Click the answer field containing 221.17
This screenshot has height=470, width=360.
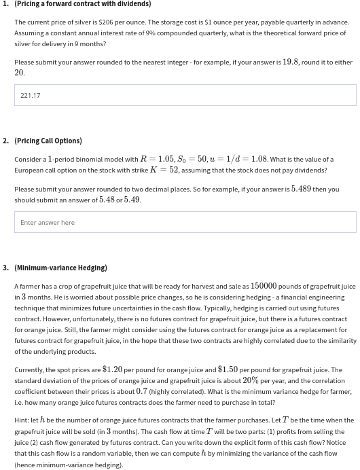pos(185,95)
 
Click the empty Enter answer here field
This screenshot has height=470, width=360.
pos(185,222)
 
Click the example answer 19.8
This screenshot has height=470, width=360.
pos(291,62)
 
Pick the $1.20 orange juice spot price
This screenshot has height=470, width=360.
pos(112,370)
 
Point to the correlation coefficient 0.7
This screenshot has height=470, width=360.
pos(141,391)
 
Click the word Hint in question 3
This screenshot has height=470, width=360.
pos(21,420)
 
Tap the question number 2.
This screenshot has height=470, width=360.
pos(5,141)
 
